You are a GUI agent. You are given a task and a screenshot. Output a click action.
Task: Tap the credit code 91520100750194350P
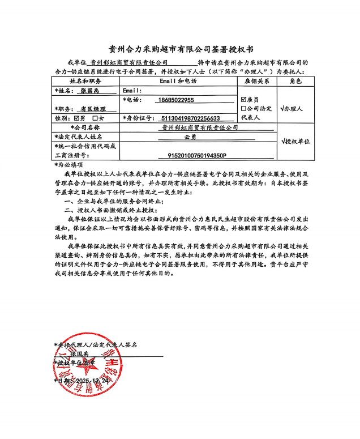(x=197, y=155)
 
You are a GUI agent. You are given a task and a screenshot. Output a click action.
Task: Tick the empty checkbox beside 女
(x=95, y=118)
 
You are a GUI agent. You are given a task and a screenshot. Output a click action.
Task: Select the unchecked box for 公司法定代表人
(x=243, y=108)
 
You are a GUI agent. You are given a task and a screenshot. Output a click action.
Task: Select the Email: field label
(x=131, y=91)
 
